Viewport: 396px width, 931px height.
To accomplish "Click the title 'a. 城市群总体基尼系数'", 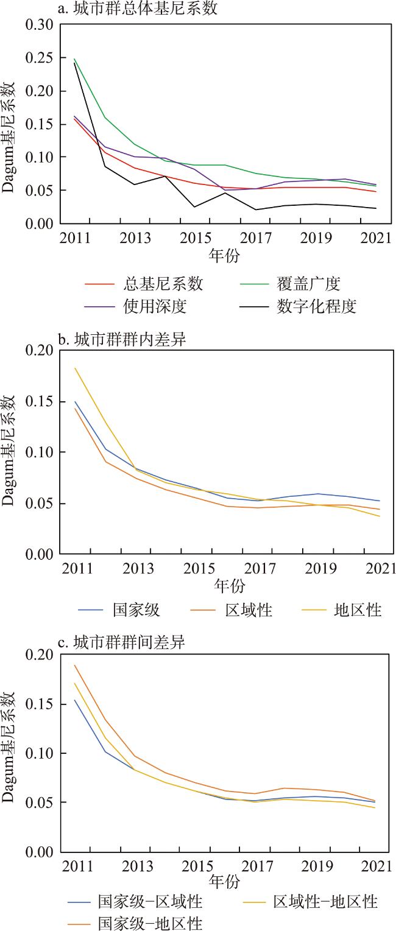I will pyautogui.click(x=137, y=9).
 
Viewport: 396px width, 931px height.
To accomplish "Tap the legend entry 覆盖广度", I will pyautogui.click(x=308, y=284).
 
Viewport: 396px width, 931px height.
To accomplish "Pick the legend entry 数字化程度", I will pyautogui.click(x=316, y=306).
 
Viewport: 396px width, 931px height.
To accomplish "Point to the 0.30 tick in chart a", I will pyautogui.click(x=40, y=25).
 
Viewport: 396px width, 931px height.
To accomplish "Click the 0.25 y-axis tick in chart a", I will pyautogui.click(x=40, y=58).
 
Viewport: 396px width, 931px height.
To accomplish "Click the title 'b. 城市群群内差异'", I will pyautogui.click(x=121, y=339).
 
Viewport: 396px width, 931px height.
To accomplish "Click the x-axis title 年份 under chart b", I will pyautogui.click(x=229, y=586).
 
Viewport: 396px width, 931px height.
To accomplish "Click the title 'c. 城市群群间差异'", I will pyautogui.click(x=121, y=642).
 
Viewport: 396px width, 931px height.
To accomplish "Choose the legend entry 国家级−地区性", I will pyautogui.click(x=150, y=923).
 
